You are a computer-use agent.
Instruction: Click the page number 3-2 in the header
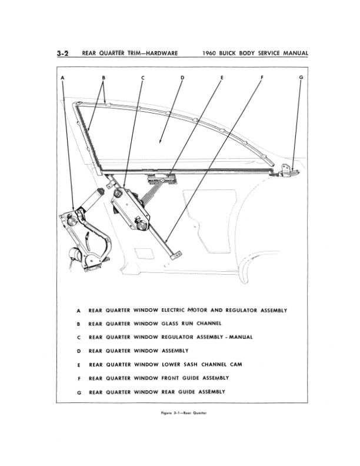coord(63,53)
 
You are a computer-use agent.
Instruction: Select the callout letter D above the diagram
coord(182,78)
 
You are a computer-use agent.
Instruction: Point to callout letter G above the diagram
coord(301,78)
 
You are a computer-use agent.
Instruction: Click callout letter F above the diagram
coord(261,78)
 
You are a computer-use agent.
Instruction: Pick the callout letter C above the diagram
coord(142,78)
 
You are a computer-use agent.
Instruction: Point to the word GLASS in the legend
coord(170,324)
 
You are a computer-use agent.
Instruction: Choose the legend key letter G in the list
coord(78,392)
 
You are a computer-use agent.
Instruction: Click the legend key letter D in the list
coord(78,351)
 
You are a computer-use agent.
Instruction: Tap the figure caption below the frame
coord(179,412)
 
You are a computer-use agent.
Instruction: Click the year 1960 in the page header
coord(211,53)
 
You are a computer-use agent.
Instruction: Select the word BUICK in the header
coord(235,53)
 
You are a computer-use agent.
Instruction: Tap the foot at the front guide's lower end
coord(175,254)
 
